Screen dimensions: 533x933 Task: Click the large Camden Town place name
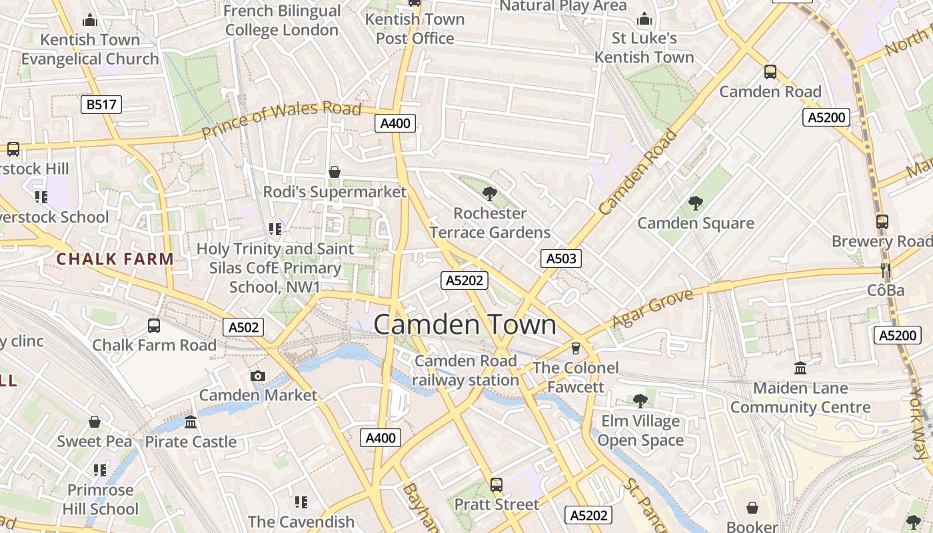465,324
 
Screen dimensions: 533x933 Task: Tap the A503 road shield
560,259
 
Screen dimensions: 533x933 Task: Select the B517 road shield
102,104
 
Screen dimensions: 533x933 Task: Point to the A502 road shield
243,327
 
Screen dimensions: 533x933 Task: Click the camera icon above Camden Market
258,376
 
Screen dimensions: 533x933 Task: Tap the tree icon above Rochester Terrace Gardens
490,194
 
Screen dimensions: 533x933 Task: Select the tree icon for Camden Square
696,203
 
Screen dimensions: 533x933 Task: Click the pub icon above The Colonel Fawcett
576,348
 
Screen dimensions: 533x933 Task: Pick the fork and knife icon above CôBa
886,270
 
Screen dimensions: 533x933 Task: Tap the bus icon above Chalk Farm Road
154,326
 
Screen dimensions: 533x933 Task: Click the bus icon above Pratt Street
496,484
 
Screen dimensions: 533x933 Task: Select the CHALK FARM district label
115,259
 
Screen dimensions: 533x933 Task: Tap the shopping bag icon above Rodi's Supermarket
335,172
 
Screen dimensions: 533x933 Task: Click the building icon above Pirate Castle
191,422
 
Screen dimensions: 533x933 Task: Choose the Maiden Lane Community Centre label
800,398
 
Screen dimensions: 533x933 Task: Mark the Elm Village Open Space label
640,430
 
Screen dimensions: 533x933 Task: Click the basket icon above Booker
752,508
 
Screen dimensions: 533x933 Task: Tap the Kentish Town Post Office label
415,29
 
